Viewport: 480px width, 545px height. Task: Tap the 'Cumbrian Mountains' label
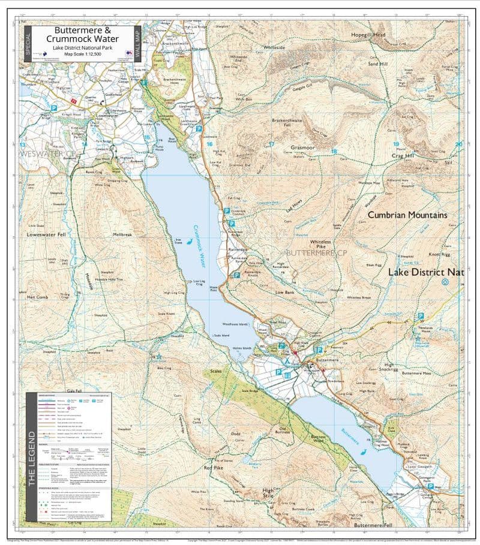(x=407, y=215)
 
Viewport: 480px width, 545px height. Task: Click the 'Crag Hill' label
(x=403, y=156)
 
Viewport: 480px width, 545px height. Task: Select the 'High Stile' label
(x=268, y=494)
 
